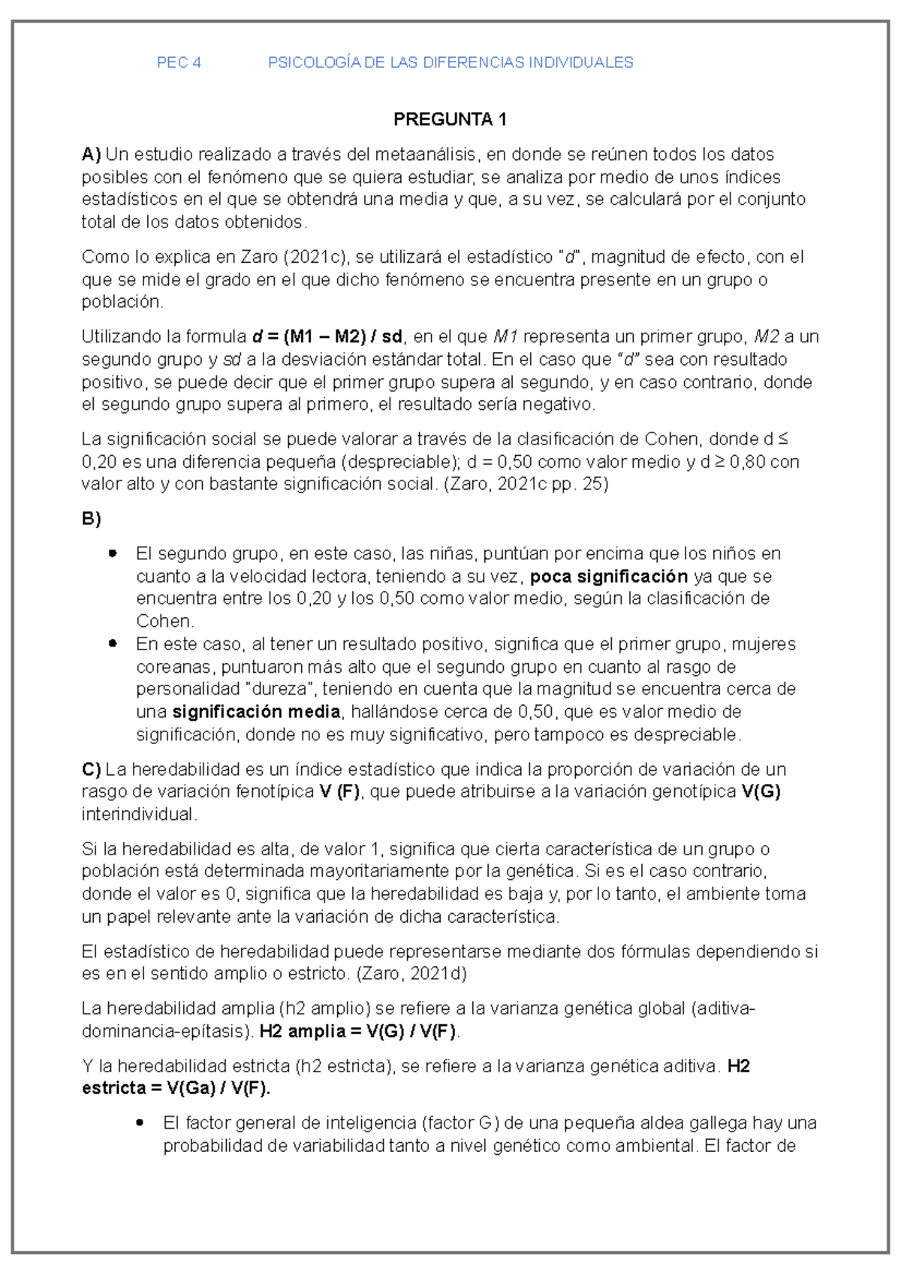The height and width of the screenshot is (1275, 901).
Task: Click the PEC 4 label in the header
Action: click(179, 63)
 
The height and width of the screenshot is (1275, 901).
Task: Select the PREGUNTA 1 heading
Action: click(450, 119)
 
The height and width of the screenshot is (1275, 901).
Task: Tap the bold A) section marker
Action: click(91, 155)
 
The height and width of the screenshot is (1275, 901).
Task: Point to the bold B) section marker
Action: click(91, 519)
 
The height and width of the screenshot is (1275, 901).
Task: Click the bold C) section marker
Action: click(91, 770)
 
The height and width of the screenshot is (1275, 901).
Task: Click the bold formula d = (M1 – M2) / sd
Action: click(327, 336)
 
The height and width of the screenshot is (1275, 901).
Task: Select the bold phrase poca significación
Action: click(609, 577)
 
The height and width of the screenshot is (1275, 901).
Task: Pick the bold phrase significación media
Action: click(256, 712)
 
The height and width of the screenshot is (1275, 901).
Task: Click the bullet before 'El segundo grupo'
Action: click(113, 553)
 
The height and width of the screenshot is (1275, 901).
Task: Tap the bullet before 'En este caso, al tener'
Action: click(113, 644)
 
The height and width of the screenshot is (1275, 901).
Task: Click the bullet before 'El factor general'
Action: click(140, 1123)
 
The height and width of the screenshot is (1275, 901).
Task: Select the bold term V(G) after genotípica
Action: click(761, 791)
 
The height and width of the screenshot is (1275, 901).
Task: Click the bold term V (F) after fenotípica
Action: click(339, 791)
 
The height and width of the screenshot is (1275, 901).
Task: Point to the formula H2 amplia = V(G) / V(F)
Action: click(357, 1032)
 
